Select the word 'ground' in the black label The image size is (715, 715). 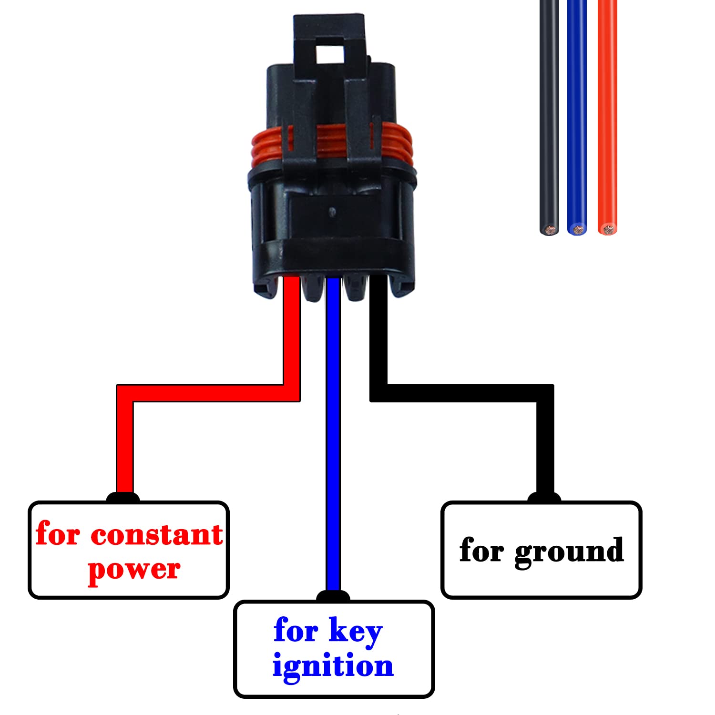click(x=569, y=552)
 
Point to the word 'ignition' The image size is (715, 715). click(x=333, y=666)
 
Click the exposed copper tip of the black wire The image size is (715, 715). click(x=550, y=230)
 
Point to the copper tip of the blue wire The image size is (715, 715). click(x=578, y=230)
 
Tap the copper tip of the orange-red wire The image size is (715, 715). click(x=607, y=230)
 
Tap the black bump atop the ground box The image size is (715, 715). click(x=544, y=498)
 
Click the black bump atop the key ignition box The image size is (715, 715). click(x=333, y=596)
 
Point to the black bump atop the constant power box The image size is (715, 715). click(x=123, y=498)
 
